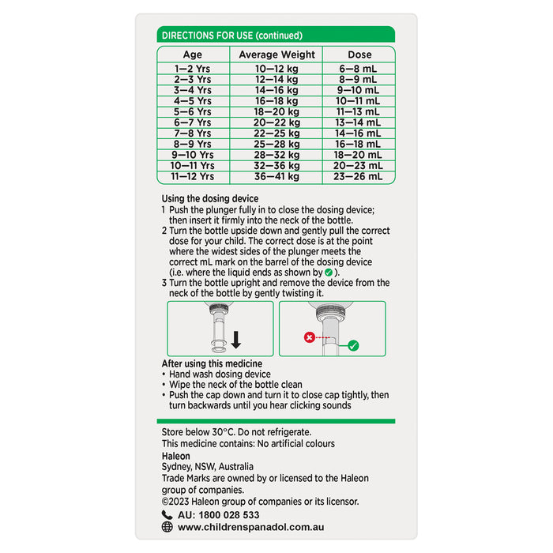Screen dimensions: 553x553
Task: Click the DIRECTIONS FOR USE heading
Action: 231,35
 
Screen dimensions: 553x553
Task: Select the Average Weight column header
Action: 276,55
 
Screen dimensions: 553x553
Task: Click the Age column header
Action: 193,55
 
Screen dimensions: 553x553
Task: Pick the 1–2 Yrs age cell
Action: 193,70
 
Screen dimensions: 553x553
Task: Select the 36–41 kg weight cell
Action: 276,177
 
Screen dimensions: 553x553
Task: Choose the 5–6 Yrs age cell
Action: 193,112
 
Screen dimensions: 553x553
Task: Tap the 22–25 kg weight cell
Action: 276,134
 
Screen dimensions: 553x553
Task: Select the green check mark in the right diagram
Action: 352,345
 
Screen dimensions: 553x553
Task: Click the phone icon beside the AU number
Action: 167,514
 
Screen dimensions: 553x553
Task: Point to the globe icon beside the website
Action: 167,527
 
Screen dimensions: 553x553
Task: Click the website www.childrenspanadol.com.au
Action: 251,527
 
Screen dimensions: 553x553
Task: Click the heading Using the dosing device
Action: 210,197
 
